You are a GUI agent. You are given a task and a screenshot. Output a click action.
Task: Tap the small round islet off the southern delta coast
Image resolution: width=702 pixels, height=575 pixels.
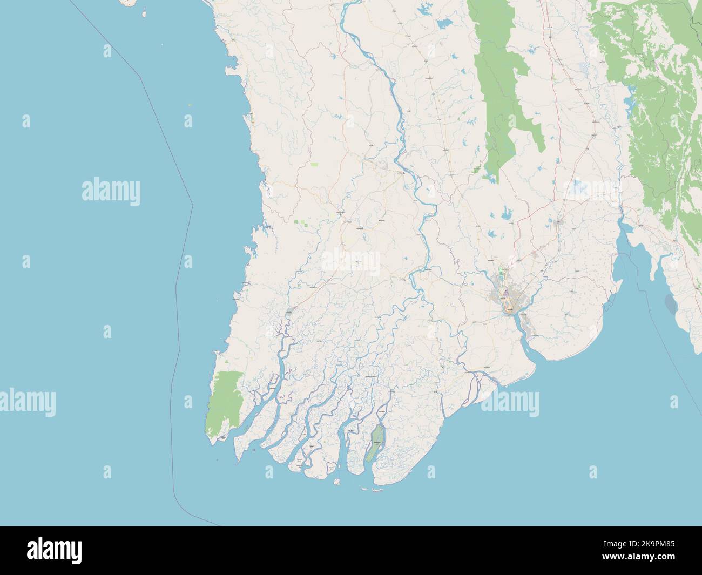pyautogui.click(x=336, y=481)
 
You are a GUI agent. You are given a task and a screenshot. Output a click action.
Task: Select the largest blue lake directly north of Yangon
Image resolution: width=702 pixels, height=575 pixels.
pyautogui.click(x=508, y=215)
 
